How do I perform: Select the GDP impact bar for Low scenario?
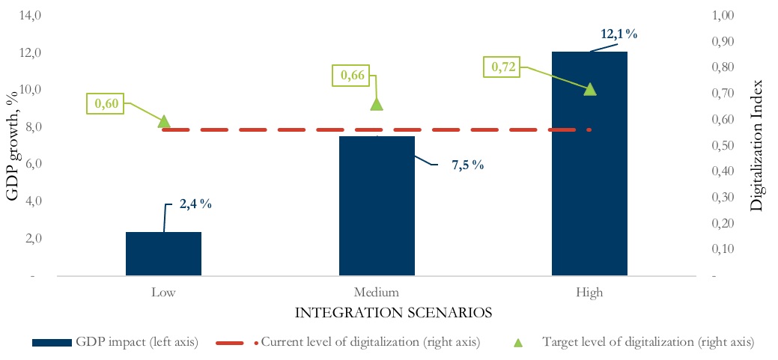click(163, 254)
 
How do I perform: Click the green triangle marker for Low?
click(164, 121)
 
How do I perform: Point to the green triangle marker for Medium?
click(377, 104)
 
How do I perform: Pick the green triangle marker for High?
click(589, 89)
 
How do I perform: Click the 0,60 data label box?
click(106, 105)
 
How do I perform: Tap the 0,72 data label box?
click(504, 68)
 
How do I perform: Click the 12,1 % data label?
click(619, 34)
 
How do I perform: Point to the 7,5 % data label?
click(467, 165)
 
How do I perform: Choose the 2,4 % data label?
click(195, 203)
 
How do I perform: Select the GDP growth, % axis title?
click(13, 146)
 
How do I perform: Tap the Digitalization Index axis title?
click(757, 145)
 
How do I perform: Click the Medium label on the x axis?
click(377, 292)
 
